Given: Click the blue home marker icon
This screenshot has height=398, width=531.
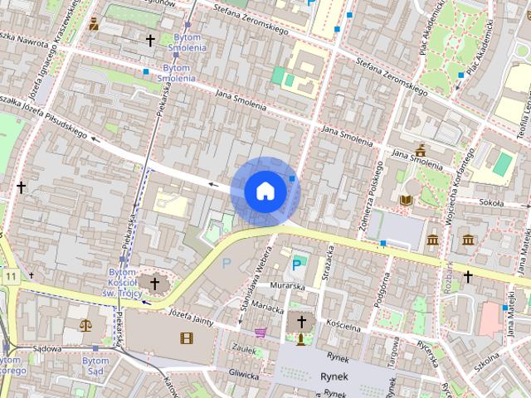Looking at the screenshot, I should click(265, 191).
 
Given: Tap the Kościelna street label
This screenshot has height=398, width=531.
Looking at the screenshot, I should click(343, 325).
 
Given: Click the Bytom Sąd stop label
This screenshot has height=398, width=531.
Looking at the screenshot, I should click(96, 366).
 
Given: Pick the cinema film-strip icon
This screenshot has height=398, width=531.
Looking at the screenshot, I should click(186, 337).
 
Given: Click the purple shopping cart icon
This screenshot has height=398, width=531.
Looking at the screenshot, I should click(261, 333).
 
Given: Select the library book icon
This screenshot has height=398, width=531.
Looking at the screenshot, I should click(407, 200).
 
